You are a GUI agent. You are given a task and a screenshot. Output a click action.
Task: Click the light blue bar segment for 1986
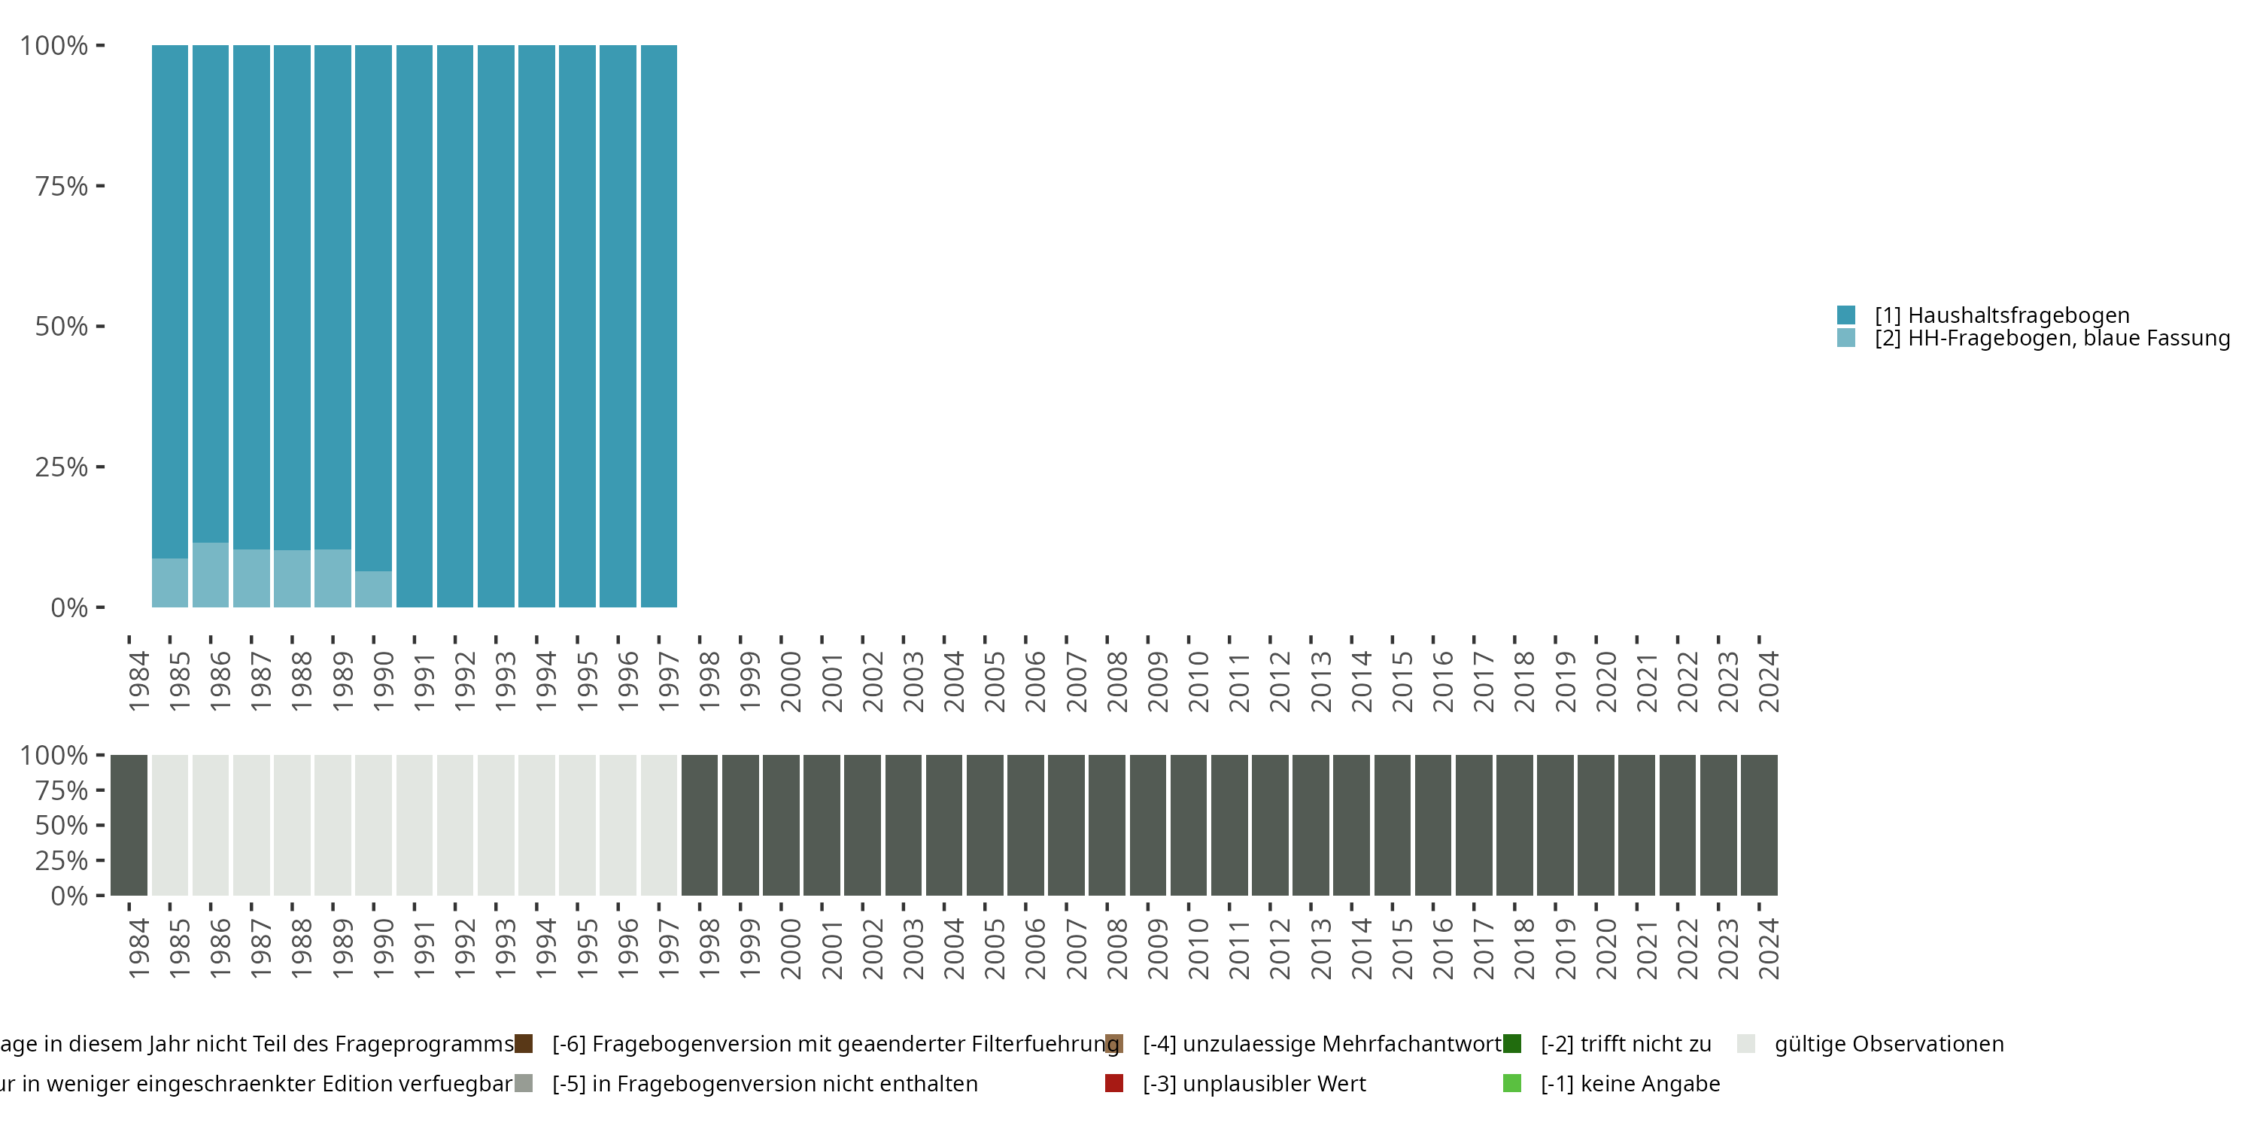(211, 575)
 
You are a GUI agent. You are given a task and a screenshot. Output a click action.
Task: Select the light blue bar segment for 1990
(373, 589)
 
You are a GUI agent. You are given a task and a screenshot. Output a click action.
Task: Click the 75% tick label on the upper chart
(62, 186)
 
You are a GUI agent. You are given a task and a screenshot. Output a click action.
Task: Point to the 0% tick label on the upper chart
(69, 607)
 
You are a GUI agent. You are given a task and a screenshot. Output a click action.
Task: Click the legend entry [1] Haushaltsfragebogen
(2001, 315)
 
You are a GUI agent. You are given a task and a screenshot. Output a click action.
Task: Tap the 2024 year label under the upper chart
(1769, 682)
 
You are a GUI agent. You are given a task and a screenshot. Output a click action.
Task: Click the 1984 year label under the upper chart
(138, 682)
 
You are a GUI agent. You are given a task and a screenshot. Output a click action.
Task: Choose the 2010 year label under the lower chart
(1198, 949)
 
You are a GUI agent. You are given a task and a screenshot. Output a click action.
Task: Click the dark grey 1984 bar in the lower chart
(129, 825)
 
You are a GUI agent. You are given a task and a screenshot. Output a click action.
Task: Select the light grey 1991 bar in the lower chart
(415, 825)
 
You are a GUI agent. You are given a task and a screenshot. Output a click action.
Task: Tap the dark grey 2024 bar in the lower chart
(1760, 825)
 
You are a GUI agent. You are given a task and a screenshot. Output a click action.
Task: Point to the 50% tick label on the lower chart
(62, 826)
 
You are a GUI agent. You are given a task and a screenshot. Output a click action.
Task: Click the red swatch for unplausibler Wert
(1113, 1083)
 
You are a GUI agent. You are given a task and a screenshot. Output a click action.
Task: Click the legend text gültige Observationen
(1888, 1044)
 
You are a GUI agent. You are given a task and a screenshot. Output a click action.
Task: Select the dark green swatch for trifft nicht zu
(1512, 1044)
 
